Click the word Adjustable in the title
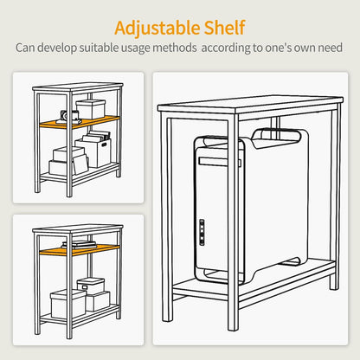click(157, 29)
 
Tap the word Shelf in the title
click(225, 28)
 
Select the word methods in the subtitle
click(175, 48)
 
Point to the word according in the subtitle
click(226, 48)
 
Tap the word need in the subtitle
click(330, 48)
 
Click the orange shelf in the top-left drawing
click(80, 122)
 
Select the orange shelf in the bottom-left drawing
click(80, 250)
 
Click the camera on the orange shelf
click(69, 116)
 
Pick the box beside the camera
click(90, 109)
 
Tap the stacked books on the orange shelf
click(79, 245)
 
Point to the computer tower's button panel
click(202, 232)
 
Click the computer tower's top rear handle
click(276, 136)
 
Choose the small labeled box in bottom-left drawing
click(91, 286)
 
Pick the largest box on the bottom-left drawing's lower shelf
click(68, 304)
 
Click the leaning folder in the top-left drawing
click(80, 164)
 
